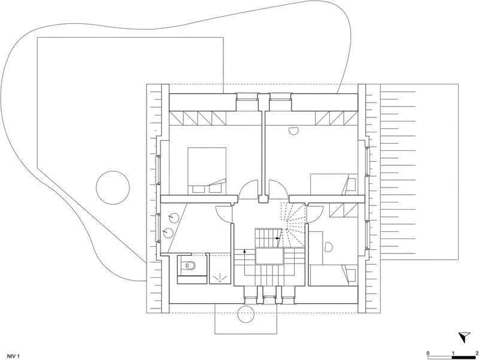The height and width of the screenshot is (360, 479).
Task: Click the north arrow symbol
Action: [465, 337]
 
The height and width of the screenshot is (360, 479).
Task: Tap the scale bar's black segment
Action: [464, 357]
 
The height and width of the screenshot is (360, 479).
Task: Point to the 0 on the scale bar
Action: [428, 352]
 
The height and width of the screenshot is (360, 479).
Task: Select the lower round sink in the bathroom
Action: [168, 233]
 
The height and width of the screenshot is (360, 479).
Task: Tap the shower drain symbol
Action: [220, 277]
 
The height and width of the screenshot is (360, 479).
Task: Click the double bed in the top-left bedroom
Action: [207, 171]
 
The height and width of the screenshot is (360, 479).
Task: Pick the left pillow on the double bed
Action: [199, 189]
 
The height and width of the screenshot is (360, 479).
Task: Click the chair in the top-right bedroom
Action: [293, 131]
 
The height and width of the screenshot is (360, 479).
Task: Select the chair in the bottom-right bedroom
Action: [329, 247]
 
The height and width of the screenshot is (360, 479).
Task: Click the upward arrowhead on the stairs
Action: [245, 251]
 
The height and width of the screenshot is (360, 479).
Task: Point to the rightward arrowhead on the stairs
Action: [278, 238]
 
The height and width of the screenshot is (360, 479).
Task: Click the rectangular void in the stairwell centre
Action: [270, 256]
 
